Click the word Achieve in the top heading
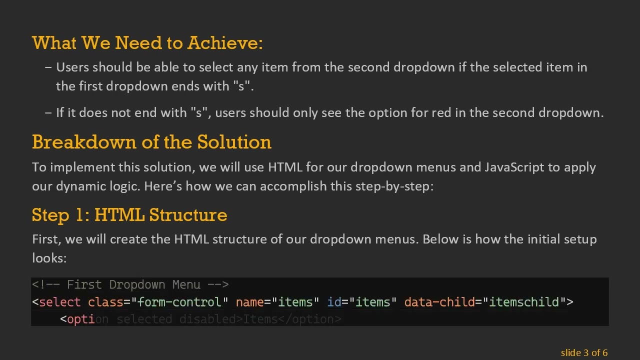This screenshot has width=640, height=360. (224, 43)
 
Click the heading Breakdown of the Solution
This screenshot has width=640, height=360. (151, 142)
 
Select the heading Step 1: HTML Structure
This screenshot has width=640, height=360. (129, 215)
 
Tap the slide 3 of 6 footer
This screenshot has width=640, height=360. (584, 352)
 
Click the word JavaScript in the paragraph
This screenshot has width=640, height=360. (514, 167)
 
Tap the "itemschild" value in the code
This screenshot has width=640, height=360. (523, 302)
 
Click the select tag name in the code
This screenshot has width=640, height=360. (59, 302)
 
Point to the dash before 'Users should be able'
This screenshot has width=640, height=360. (48, 67)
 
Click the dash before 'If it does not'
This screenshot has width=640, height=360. (48, 112)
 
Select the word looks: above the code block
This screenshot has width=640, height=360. (49, 258)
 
